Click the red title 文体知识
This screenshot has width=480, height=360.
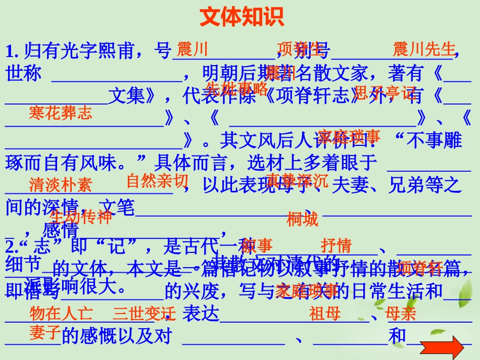242,17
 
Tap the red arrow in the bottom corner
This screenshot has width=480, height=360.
442,348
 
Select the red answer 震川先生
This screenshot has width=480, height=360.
424,49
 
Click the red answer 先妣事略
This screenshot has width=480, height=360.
237,88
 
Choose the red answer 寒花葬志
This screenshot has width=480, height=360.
61,113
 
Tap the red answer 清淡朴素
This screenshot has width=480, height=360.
61,185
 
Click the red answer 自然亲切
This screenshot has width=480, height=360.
157,181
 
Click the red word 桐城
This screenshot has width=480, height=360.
302,219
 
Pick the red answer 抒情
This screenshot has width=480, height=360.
336,246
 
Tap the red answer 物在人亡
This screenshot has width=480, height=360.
61,314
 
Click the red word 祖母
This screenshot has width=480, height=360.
325,314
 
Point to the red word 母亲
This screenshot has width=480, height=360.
400,314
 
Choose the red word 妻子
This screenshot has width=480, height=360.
45,333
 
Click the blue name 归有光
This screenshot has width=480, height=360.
51,50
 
